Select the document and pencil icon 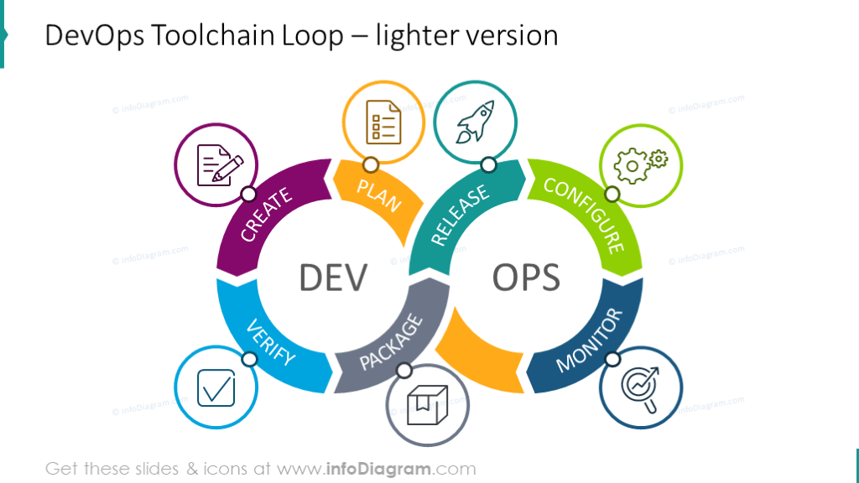pyautogui.click(x=216, y=164)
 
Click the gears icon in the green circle pyautogui.click(x=640, y=165)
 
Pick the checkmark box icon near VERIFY pyautogui.click(x=216, y=388)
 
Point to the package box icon pyautogui.click(x=427, y=405)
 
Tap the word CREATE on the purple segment pyautogui.click(x=266, y=215)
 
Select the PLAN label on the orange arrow pyautogui.click(x=378, y=195)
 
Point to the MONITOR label pyautogui.click(x=590, y=340)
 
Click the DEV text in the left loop pyautogui.click(x=333, y=278)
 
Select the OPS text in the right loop pyautogui.click(x=526, y=278)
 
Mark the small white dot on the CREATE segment pyautogui.click(x=247, y=195)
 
